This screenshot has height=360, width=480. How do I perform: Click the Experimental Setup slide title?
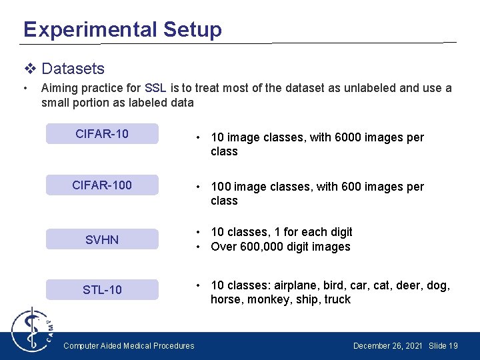coord(122,29)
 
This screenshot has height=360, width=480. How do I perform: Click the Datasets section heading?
coord(73,69)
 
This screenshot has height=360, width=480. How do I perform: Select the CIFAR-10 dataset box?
coord(102,134)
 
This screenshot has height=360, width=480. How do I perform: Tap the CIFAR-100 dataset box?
coord(102,185)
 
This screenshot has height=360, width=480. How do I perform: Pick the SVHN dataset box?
coord(102,239)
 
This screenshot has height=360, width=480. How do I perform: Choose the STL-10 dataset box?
coord(102,289)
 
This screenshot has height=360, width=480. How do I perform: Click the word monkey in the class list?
coord(268,300)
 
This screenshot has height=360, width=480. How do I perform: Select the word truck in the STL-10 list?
coord(337,300)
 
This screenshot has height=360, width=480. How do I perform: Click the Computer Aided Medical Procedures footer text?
coord(129,346)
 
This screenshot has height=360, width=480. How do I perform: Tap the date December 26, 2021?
coord(387,346)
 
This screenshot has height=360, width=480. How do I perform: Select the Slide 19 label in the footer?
coord(443,346)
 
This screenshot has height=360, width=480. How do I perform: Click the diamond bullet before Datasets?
coord(29,69)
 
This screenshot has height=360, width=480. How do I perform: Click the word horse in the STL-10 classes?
coord(226,300)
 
